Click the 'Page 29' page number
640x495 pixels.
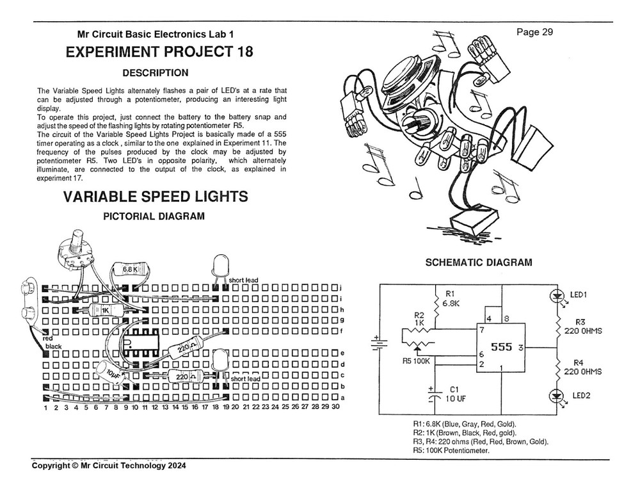click(534, 32)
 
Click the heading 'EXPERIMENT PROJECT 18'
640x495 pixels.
click(159, 53)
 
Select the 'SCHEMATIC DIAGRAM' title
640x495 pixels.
click(478, 263)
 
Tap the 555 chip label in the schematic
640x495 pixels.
click(501, 346)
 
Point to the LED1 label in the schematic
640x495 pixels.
click(579, 295)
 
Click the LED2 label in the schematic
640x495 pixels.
click(581, 396)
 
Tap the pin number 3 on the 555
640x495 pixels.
click(521, 347)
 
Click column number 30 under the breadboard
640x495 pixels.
click(335, 407)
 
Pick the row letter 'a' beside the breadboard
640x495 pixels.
click(343, 398)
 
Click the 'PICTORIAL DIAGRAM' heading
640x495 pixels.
click(154, 216)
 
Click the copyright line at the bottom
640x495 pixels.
click(109, 466)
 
